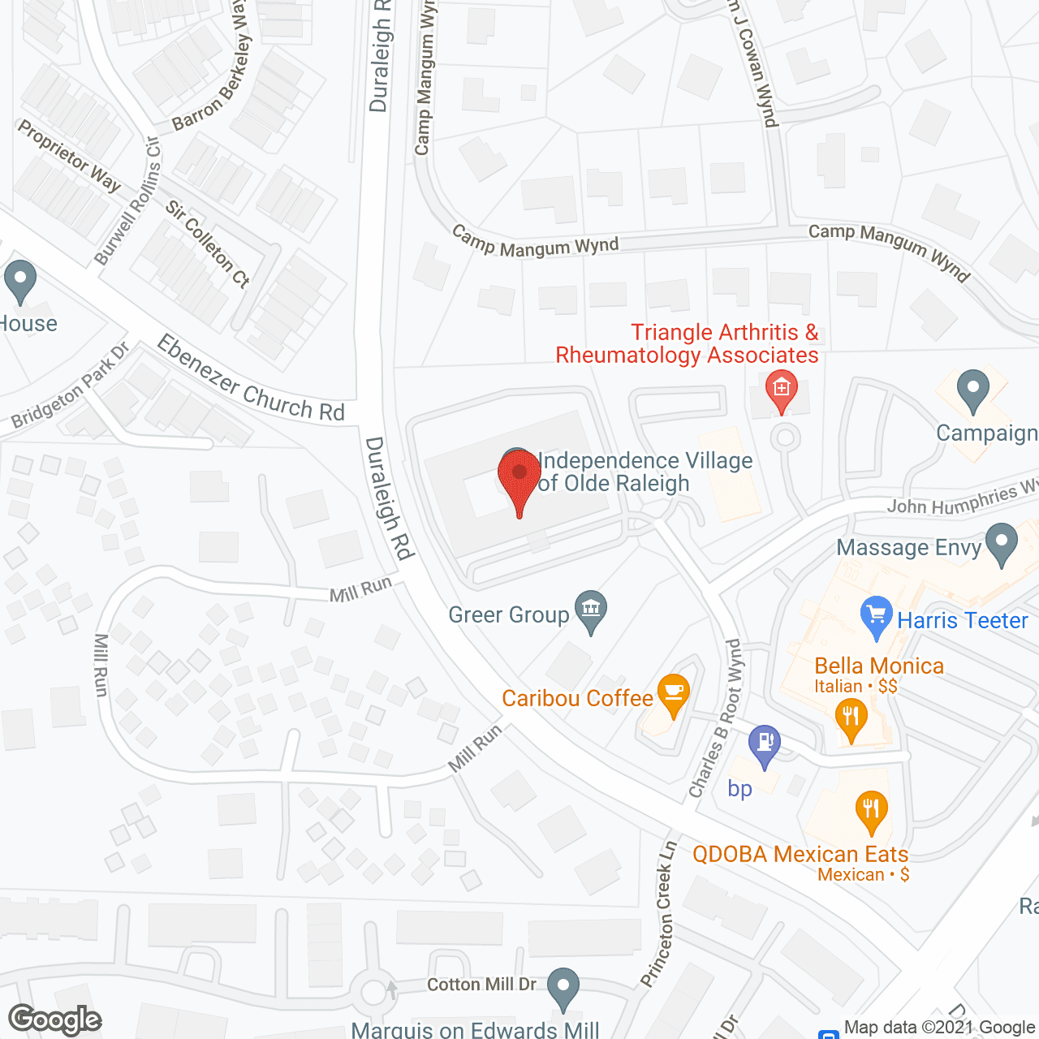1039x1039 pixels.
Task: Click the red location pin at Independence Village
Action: coord(519,475)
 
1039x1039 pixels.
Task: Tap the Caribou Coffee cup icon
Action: coord(673,692)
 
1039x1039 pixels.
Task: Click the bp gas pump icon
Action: coord(764,743)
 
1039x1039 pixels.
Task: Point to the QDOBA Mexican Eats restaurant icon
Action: coord(871,809)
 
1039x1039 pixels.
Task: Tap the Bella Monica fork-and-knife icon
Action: coord(851,718)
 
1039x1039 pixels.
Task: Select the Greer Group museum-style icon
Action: coord(591,610)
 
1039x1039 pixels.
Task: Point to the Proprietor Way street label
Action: coord(69,155)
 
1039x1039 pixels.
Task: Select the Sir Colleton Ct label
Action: coord(208,244)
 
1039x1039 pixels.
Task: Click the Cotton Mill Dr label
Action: coord(481,984)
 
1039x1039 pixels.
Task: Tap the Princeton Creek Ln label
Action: coord(658,914)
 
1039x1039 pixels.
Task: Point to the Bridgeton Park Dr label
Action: coord(71,386)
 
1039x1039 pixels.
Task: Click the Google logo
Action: coord(55,1020)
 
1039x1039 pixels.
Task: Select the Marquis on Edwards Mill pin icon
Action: coord(563,988)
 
